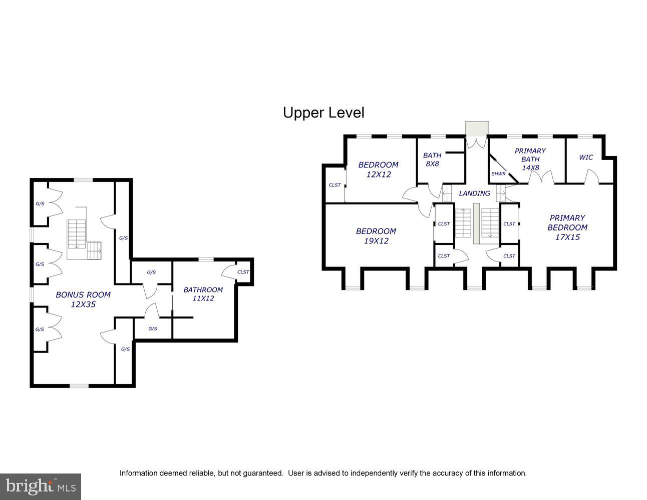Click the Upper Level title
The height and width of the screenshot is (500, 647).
(323, 112)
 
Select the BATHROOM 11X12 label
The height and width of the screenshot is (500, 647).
(203, 294)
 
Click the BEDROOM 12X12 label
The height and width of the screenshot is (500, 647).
(378, 169)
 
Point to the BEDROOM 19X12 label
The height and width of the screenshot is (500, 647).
(376, 235)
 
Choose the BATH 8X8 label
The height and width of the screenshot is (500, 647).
(432, 159)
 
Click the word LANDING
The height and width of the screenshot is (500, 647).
(474, 193)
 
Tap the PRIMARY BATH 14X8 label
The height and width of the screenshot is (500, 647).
(530, 159)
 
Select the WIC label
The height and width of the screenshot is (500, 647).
(585, 157)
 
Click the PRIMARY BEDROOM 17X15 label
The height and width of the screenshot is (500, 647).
(567, 227)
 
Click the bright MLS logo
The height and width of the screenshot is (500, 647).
(40, 486)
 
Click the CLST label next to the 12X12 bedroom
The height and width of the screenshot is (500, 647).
(335, 185)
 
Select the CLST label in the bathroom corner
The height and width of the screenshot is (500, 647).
(243, 272)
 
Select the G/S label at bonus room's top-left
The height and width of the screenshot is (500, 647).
(40, 204)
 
